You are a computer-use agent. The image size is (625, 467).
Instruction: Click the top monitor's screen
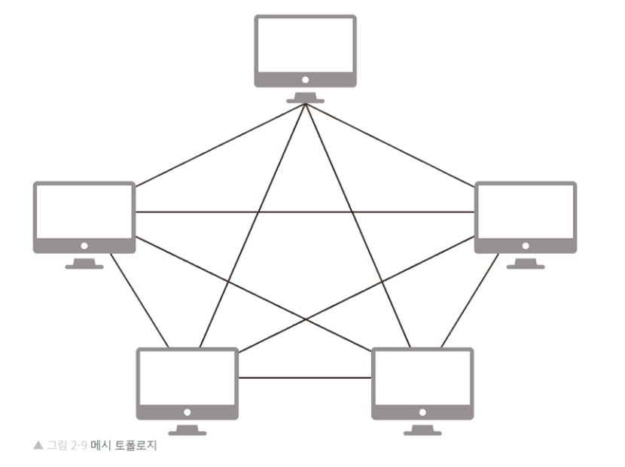(x=305, y=44)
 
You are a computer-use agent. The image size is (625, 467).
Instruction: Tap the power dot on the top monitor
(x=305, y=79)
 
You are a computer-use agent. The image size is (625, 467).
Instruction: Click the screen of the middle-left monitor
(x=84, y=211)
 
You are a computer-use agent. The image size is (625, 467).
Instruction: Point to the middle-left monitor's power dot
(x=84, y=246)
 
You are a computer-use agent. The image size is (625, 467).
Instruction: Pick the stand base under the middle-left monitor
(x=84, y=265)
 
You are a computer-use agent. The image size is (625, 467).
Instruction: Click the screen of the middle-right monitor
(x=526, y=211)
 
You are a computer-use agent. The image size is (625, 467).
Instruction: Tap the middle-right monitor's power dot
(x=526, y=246)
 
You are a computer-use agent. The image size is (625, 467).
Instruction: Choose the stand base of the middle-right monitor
(x=526, y=265)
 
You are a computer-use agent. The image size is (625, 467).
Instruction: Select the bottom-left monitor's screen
(x=187, y=377)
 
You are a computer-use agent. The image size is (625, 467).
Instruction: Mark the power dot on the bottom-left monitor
(x=187, y=412)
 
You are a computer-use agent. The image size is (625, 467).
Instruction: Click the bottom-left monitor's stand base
(x=187, y=432)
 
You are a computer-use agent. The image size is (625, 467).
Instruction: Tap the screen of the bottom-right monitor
(x=422, y=377)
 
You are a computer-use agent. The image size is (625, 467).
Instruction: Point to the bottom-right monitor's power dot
(x=422, y=412)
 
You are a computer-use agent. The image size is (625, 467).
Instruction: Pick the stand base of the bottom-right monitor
(x=422, y=432)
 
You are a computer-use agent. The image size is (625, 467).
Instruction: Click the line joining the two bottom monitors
(x=305, y=377)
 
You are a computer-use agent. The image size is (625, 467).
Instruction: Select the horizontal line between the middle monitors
(x=305, y=212)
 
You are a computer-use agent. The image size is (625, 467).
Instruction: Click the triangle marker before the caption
(x=38, y=446)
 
